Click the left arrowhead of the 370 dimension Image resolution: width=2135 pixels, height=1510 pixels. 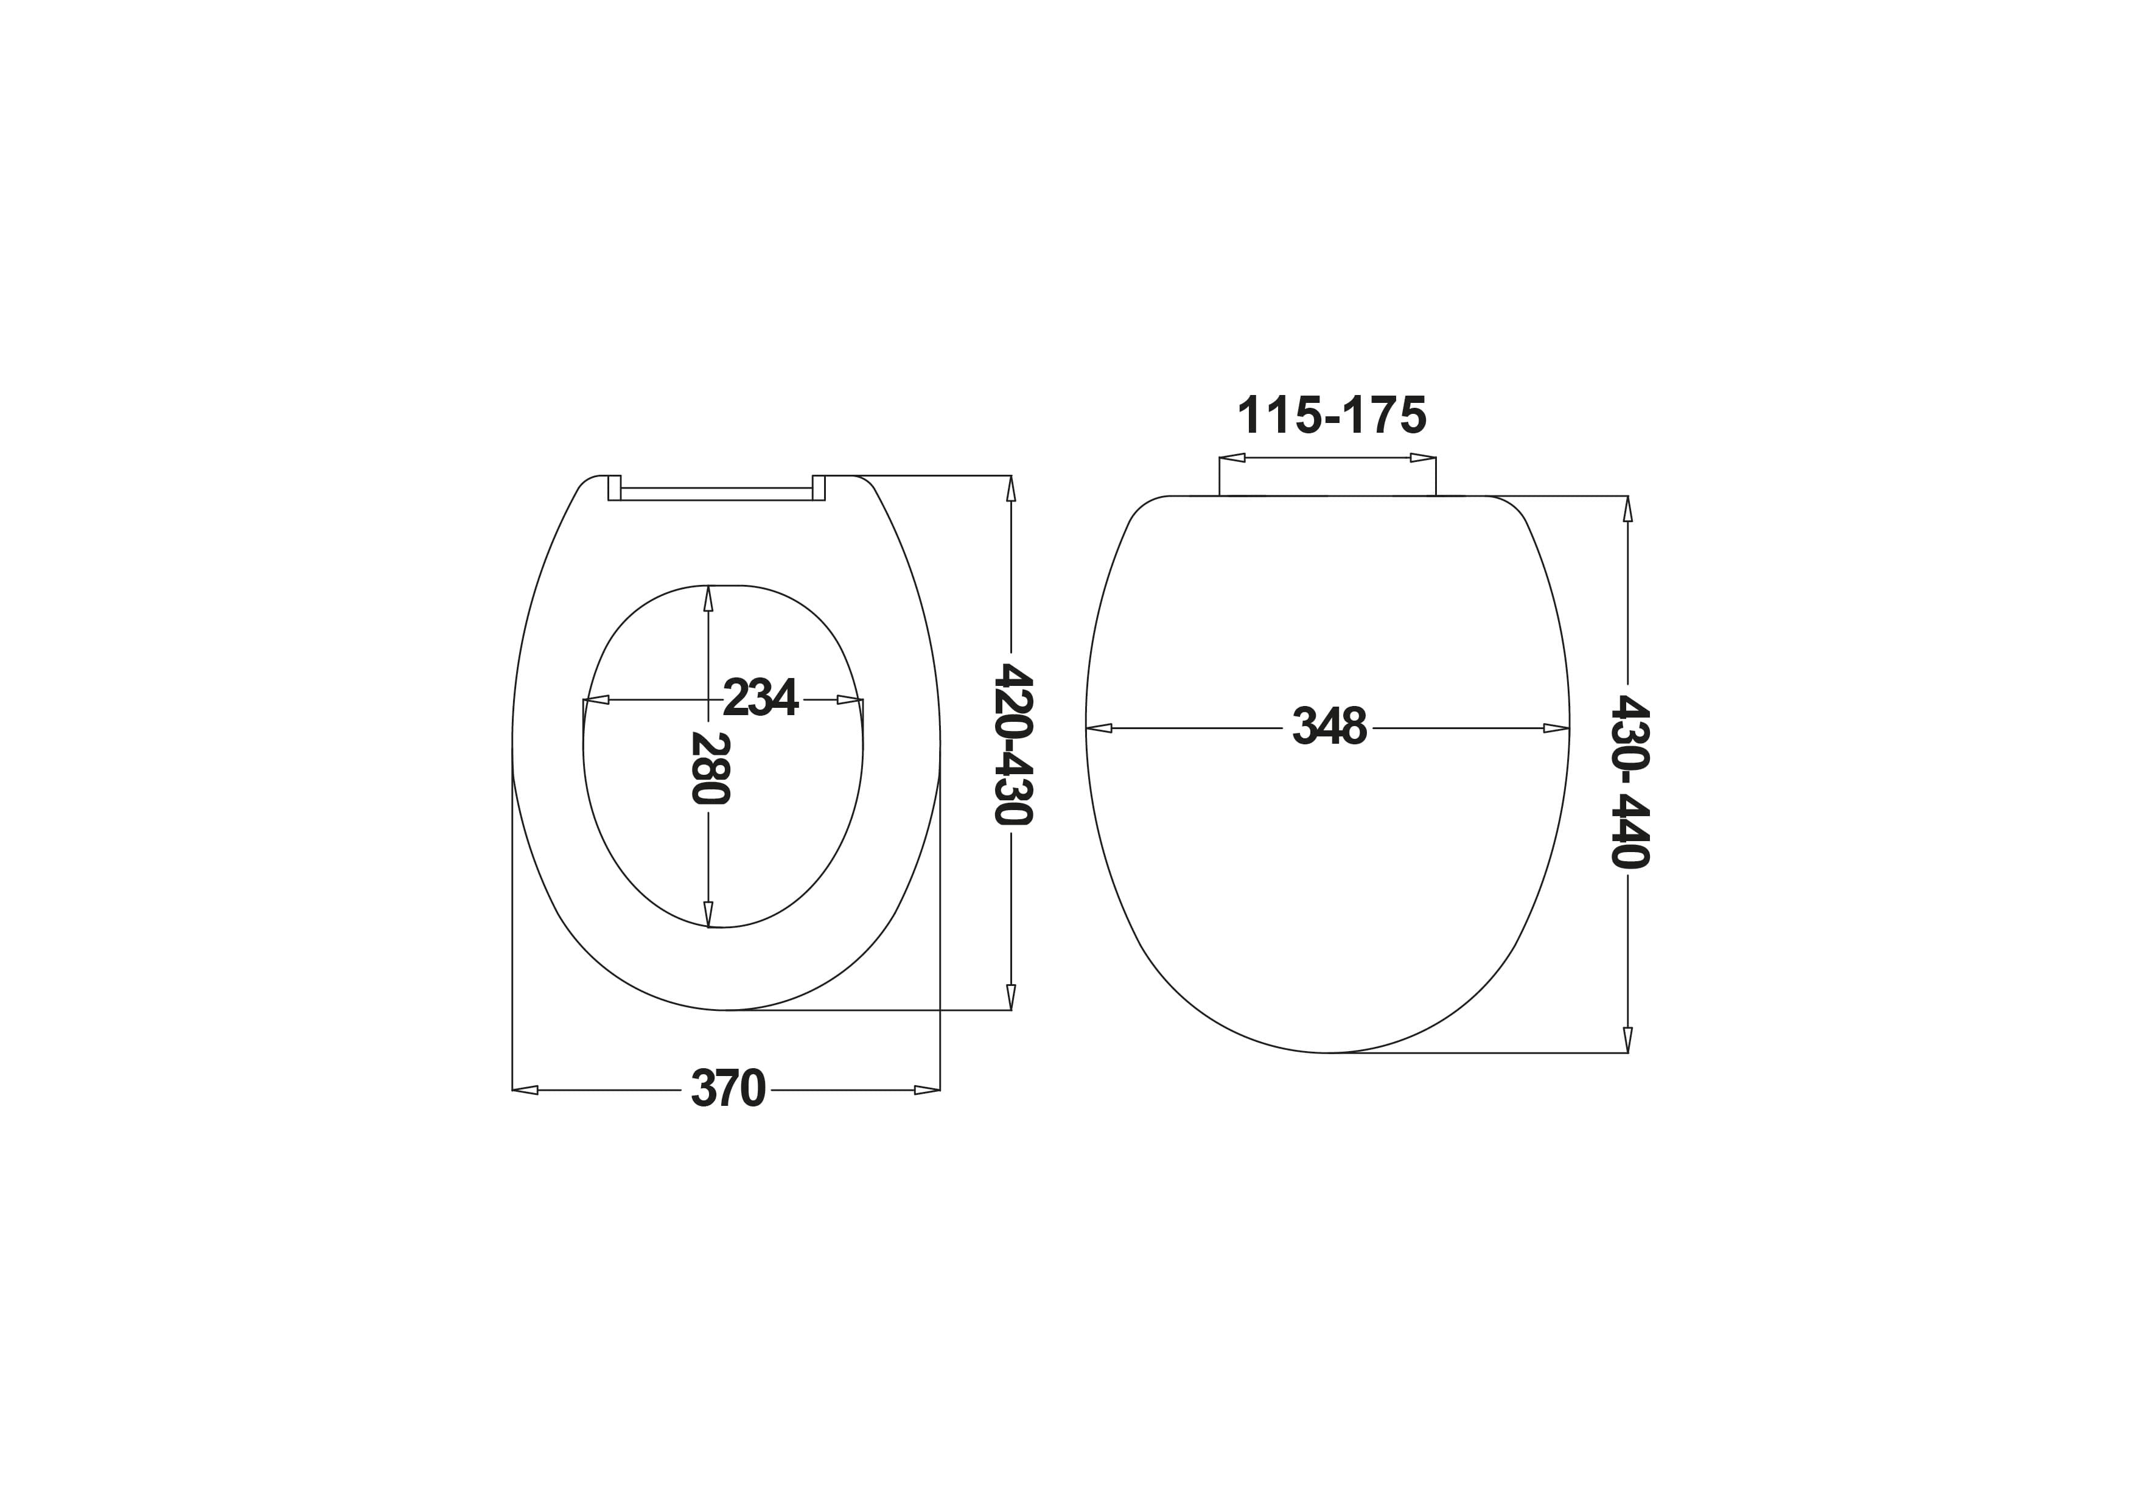525,1089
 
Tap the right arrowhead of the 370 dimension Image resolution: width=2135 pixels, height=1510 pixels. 927,1089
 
